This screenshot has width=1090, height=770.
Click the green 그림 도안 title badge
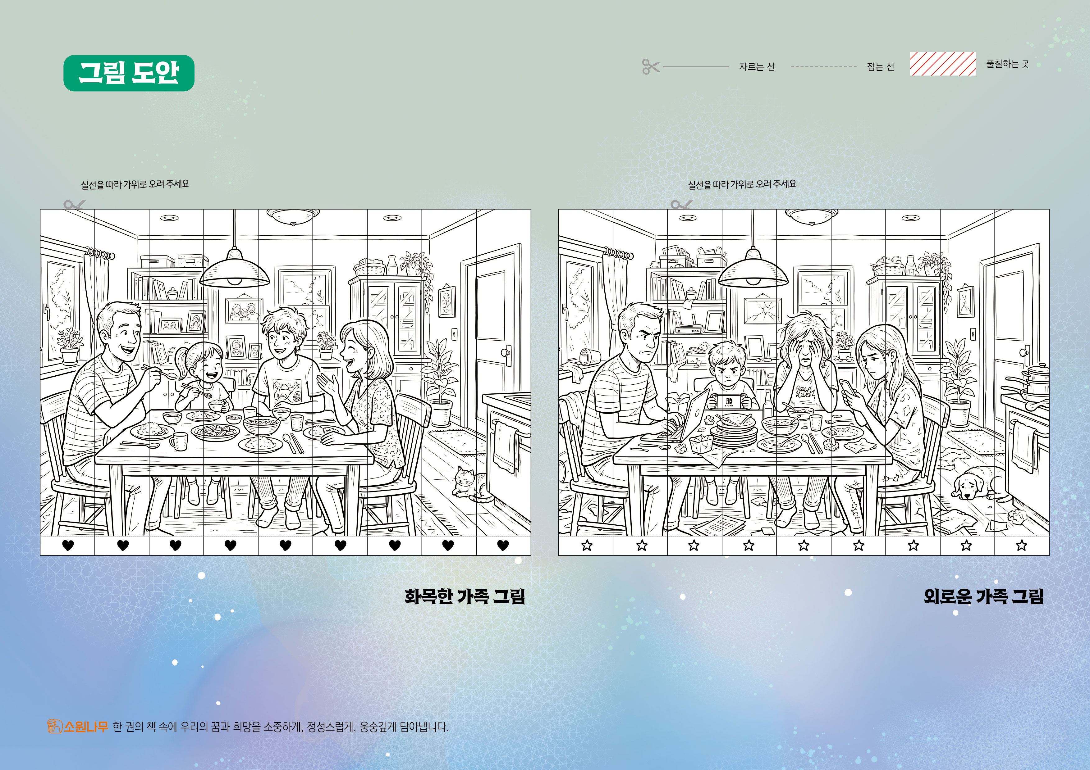click(129, 73)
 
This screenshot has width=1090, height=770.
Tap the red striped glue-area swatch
click(943, 64)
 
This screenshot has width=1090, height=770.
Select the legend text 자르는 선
click(757, 66)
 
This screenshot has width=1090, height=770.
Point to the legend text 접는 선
click(880, 66)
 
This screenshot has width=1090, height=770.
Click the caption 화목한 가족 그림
click(465, 596)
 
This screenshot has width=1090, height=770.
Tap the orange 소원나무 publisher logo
click(78, 726)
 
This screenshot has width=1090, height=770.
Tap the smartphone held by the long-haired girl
click(847, 387)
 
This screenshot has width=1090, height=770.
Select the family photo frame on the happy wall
click(244, 311)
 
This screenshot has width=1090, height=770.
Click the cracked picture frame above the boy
click(763, 311)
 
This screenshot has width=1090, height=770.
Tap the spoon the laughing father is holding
click(160, 371)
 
